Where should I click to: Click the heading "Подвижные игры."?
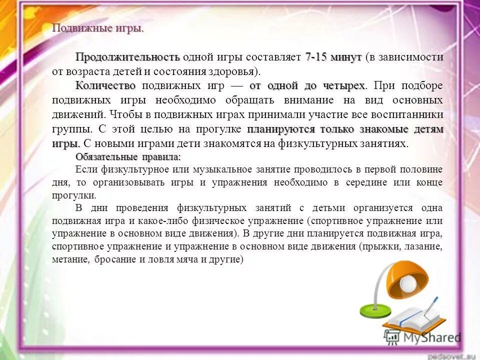[97, 28]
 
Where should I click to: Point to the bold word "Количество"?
[105, 85]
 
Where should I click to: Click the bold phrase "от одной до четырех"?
[307, 85]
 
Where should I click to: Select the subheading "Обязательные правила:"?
[128, 157]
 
